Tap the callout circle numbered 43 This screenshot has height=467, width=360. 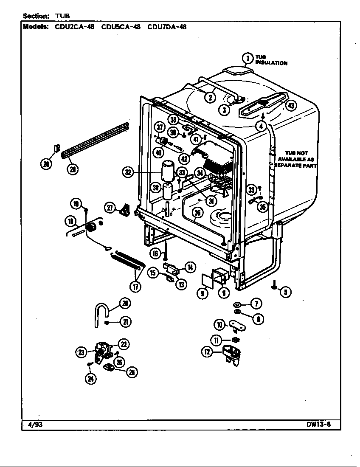tap(290, 106)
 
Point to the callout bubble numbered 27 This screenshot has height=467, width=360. tap(110, 207)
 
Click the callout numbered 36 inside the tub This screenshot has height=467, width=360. tap(197, 213)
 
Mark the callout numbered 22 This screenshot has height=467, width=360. tap(124, 344)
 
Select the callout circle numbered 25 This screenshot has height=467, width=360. tap(132, 372)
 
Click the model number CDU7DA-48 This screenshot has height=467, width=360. tap(167, 27)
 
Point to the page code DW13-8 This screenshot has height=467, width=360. tap(318, 424)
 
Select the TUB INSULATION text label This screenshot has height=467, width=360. tap(271, 60)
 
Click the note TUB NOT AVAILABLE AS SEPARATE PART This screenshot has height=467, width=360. tap(296, 159)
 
